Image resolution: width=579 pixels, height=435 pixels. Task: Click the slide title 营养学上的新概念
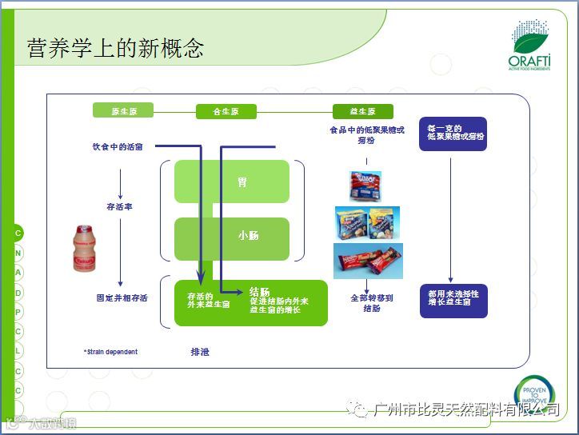pyautogui.click(x=116, y=48)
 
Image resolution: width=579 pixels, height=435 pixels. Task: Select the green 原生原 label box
pyautogui.click(x=124, y=111)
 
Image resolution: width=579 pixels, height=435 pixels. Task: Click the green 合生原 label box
pyautogui.click(x=226, y=112)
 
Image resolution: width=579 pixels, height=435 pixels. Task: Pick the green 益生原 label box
pyautogui.click(x=364, y=112)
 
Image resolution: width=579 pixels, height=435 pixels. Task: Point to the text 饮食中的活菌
pyautogui.click(x=118, y=147)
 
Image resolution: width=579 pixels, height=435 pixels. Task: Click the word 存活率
pyautogui.click(x=119, y=206)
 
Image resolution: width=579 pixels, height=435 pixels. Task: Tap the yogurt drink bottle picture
pyautogui.click(x=90, y=249)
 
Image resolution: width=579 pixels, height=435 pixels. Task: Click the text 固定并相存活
pyautogui.click(x=122, y=298)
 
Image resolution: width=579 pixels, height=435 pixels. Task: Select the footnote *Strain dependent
pyautogui.click(x=110, y=352)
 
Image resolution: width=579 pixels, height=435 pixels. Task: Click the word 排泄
pyautogui.click(x=199, y=352)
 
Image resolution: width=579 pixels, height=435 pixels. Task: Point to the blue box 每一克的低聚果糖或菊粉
pyautogui.click(x=453, y=134)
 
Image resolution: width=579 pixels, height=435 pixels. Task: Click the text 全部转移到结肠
pyautogui.click(x=371, y=303)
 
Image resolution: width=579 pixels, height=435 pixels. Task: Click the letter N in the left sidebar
pyautogui.click(x=18, y=253)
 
